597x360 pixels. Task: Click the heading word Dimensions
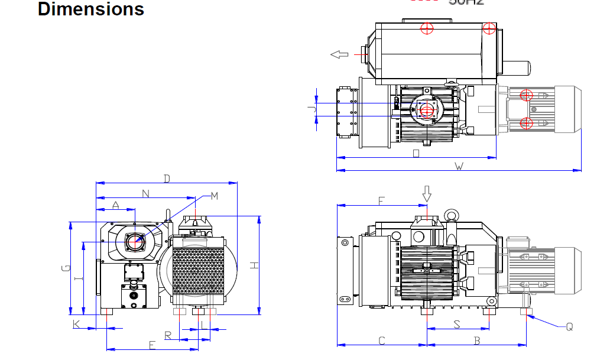(x=90, y=9)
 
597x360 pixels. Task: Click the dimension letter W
(x=459, y=166)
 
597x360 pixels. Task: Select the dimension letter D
(x=167, y=179)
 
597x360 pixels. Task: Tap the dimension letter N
(x=145, y=193)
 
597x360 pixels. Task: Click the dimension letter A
(x=116, y=205)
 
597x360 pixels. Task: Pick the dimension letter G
(x=65, y=269)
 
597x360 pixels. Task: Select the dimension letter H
(x=254, y=265)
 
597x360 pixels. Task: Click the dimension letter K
(x=76, y=324)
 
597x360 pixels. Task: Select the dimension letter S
(x=456, y=324)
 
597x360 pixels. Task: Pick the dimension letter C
(x=382, y=340)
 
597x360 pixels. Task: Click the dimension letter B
(x=476, y=340)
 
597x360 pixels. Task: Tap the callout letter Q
(x=569, y=326)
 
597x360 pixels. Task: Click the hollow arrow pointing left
(x=339, y=54)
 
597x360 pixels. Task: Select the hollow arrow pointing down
(x=427, y=193)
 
